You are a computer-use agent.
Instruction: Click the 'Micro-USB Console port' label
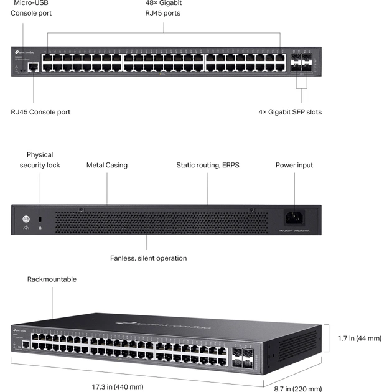pos(31,7)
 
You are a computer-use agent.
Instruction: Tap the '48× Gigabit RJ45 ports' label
pos(163,7)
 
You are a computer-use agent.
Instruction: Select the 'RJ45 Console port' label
pos(40,112)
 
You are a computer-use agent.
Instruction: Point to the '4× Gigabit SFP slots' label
pos(290,112)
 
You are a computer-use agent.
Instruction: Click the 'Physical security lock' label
pos(40,160)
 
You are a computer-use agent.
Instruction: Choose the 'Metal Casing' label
pos(107,165)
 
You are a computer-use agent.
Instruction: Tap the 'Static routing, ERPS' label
pos(208,165)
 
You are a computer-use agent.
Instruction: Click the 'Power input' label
pos(294,165)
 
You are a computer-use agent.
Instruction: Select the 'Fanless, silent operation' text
pos(148,258)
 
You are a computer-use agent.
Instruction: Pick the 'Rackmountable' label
pos(52,279)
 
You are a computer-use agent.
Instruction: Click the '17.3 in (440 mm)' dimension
pos(118,386)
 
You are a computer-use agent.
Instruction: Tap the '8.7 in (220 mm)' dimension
pos(298,389)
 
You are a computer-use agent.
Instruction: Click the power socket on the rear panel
pos(294,217)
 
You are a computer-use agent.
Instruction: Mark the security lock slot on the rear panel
pos(40,220)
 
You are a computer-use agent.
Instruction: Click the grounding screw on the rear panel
pos(26,219)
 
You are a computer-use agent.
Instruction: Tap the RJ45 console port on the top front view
pos(34,65)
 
